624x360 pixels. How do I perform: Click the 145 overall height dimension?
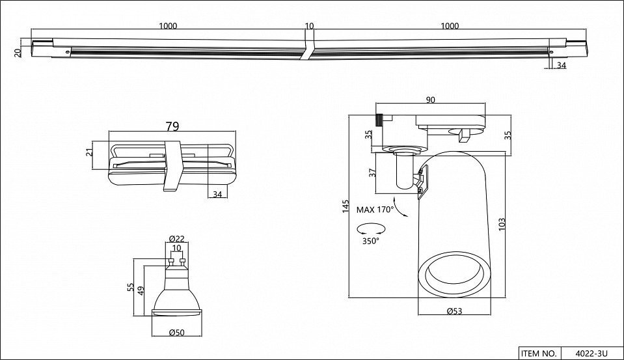346,206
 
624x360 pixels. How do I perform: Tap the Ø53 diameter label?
454,311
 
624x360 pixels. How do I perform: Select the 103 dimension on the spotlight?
502,224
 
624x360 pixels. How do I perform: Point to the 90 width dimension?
430,100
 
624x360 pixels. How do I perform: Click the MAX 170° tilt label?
375,210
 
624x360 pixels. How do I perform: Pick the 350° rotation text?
370,241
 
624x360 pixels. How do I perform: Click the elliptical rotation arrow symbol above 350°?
372,229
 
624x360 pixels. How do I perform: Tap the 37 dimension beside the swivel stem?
372,173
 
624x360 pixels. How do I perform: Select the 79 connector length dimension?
172,126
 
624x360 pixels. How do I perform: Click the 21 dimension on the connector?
90,152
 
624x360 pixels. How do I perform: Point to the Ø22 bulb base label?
177,238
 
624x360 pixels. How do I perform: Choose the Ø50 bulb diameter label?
177,333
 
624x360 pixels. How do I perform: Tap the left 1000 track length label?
168,26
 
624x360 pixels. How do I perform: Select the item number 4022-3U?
591,353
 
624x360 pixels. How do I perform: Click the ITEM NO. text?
538,353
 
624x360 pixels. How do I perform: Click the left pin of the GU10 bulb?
171,262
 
